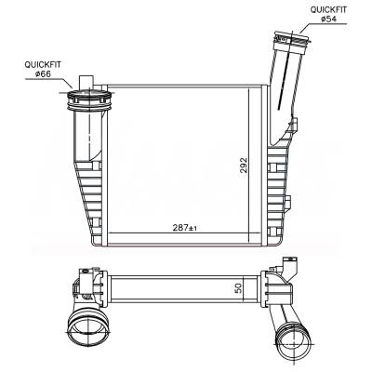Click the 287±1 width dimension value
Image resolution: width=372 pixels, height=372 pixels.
(185, 228)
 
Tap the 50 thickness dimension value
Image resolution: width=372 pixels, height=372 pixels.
(238, 288)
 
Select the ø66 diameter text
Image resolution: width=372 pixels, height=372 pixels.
(43, 73)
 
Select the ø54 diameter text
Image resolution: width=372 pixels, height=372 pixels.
(328, 20)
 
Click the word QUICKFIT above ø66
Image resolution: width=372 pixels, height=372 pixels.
(43, 65)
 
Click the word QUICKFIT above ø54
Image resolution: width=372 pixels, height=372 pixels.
(328, 9)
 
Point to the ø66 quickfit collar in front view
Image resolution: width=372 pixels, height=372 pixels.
(89, 100)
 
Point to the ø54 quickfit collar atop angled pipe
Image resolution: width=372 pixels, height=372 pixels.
(291, 39)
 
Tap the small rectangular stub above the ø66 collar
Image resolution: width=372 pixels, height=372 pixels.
(86, 82)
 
